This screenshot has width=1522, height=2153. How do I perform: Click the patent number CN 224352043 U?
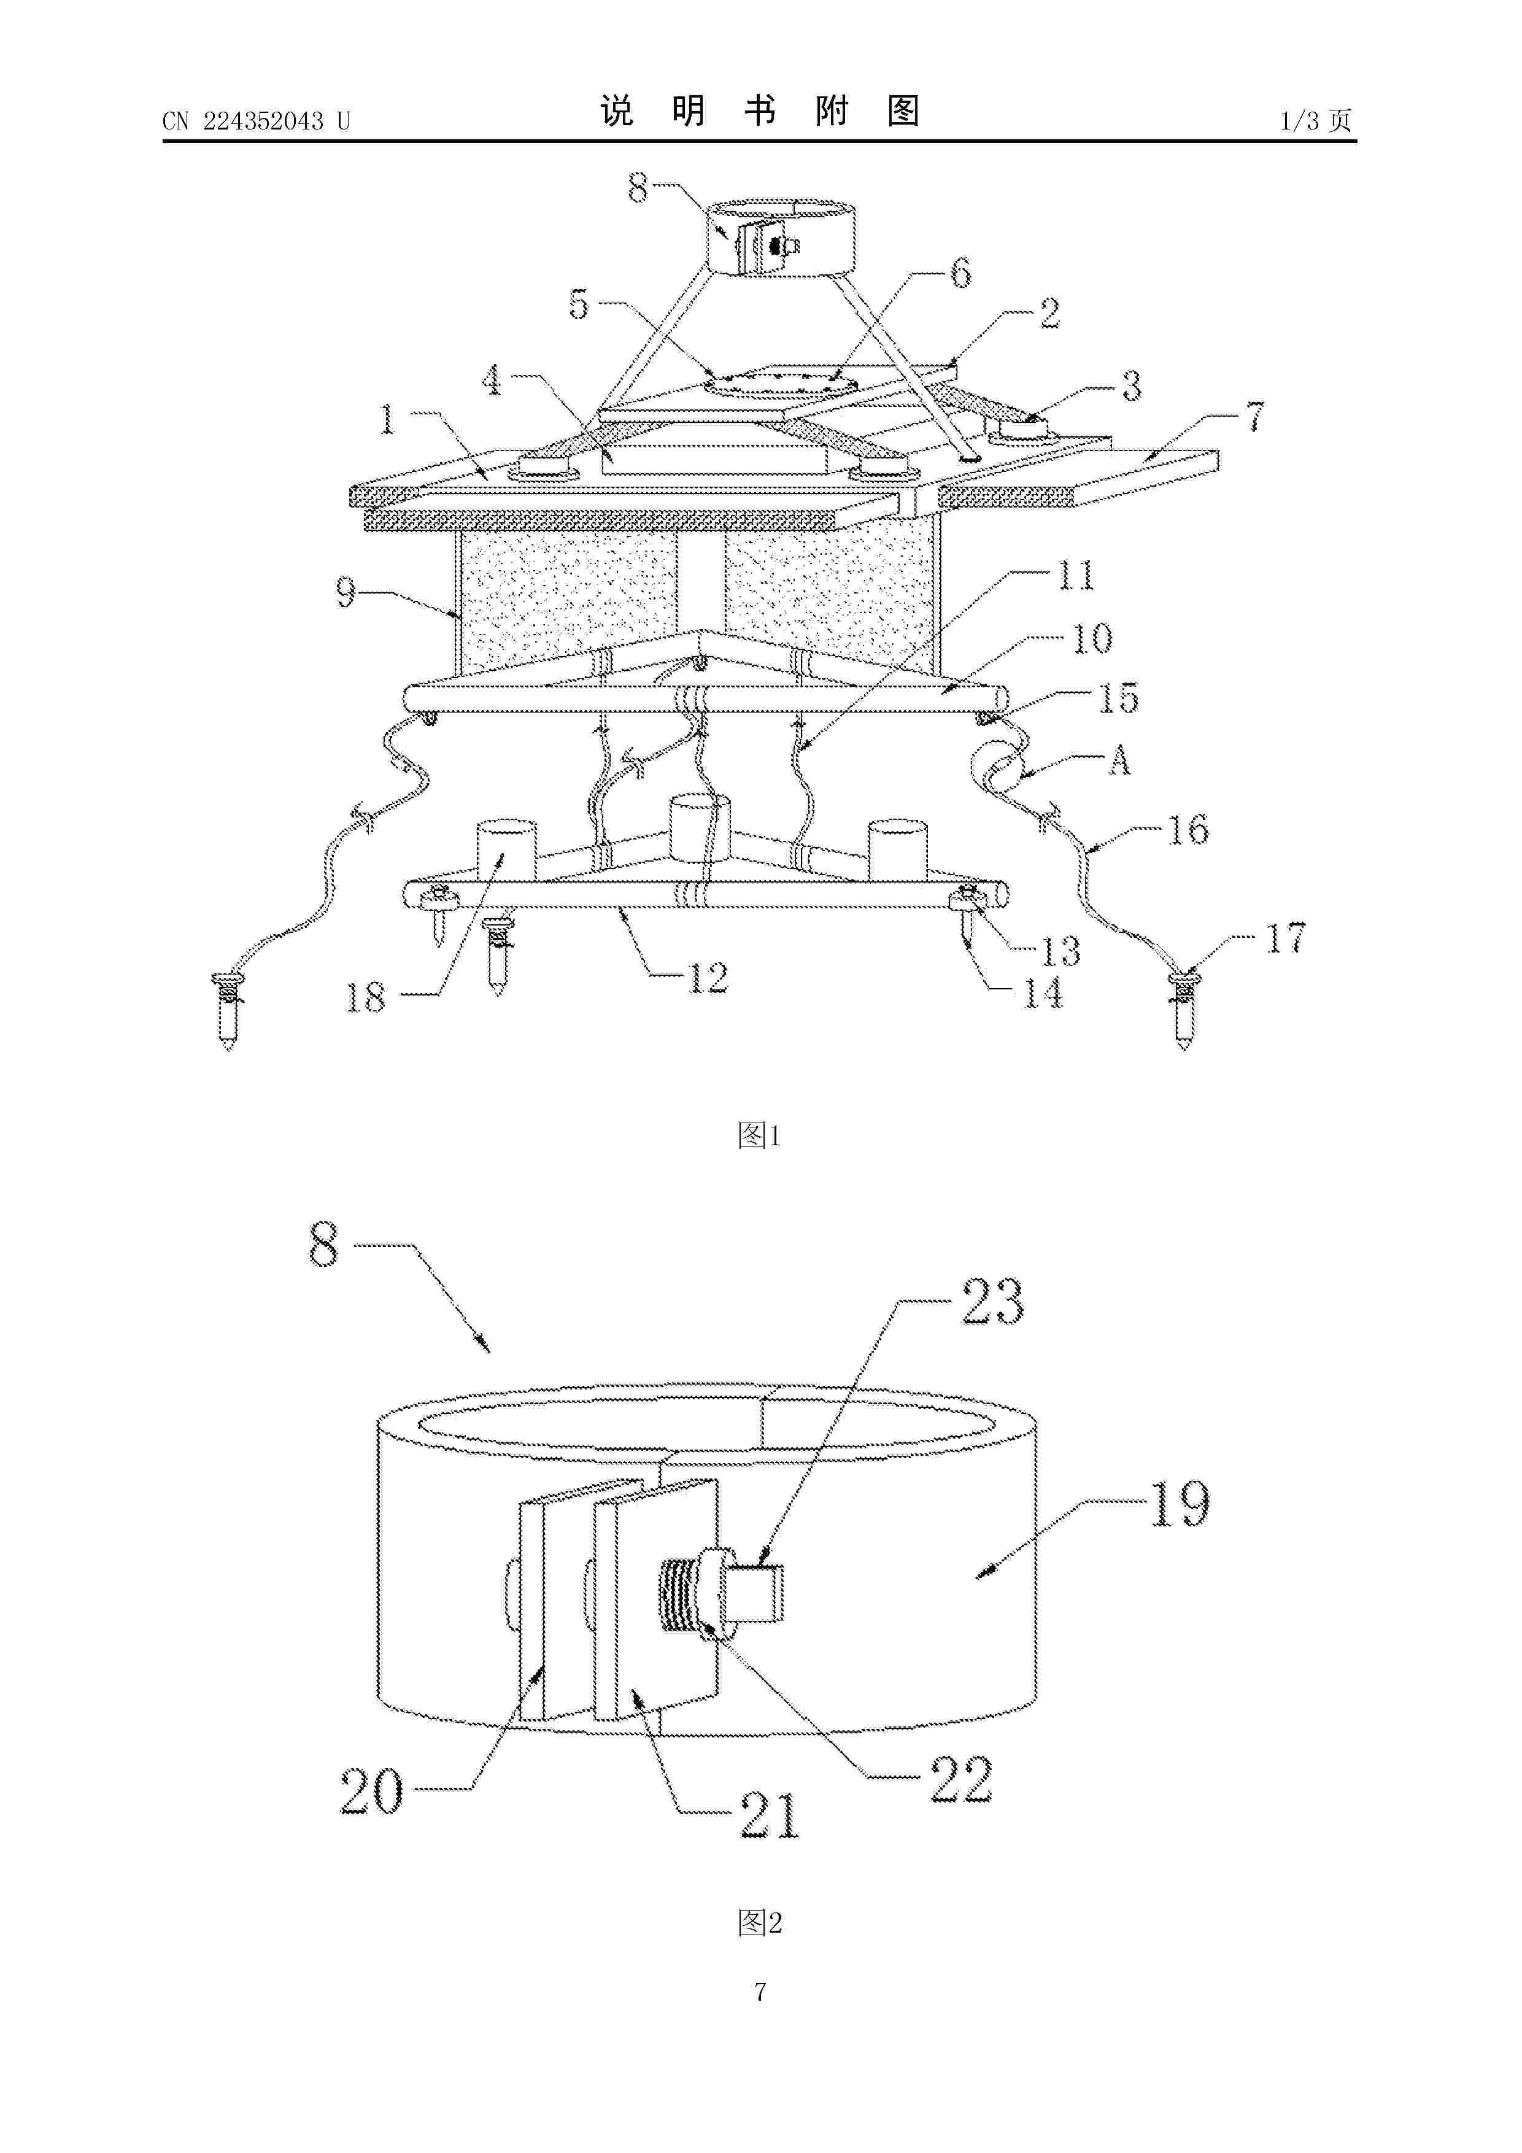pos(256,121)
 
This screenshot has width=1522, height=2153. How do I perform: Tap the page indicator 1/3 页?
pos(1316,120)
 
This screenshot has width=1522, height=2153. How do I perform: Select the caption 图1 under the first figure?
pos(760,1135)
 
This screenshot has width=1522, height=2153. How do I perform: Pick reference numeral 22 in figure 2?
pos(961,1779)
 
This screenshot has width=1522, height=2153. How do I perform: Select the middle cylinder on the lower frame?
pos(698,828)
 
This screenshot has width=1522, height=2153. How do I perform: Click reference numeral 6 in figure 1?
pos(960,274)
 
